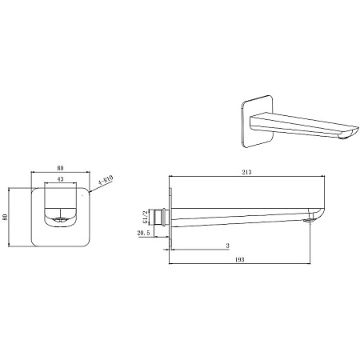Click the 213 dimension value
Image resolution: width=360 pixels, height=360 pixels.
[x=246, y=172]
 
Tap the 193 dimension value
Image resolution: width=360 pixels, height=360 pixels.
[x=240, y=260]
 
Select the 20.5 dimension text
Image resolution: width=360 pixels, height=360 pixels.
[x=143, y=233]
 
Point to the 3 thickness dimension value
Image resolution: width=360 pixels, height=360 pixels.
[x=227, y=246]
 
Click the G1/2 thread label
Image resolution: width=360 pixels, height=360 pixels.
[x=145, y=217]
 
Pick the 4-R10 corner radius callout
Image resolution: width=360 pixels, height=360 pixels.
[x=106, y=180]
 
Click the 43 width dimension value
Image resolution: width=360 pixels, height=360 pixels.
[x=61, y=179]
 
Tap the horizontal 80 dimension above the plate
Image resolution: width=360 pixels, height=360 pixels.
[x=60, y=168]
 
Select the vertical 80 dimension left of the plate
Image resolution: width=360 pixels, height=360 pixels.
[x=5, y=217]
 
